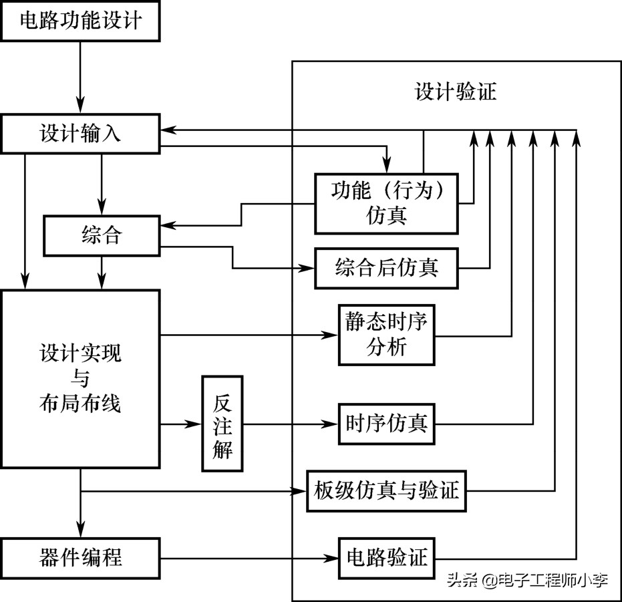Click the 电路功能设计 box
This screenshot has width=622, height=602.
(x=80, y=21)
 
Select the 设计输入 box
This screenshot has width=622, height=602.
(x=80, y=133)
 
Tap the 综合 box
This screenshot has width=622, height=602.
(x=102, y=235)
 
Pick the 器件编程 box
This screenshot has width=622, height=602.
(x=80, y=557)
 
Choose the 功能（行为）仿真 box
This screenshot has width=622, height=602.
(x=387, y=203)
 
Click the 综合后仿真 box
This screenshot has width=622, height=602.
(x=387, y=269)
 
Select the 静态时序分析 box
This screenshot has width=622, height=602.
(x=387, y=334)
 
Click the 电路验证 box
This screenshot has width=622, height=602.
(x=387, y=557)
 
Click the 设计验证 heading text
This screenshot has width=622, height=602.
(x=456, y=92)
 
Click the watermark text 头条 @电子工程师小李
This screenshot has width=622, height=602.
(x=527, y=580)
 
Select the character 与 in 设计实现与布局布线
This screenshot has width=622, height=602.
(x=80, y=378)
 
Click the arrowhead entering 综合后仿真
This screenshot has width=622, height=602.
(x=307, y=269)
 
